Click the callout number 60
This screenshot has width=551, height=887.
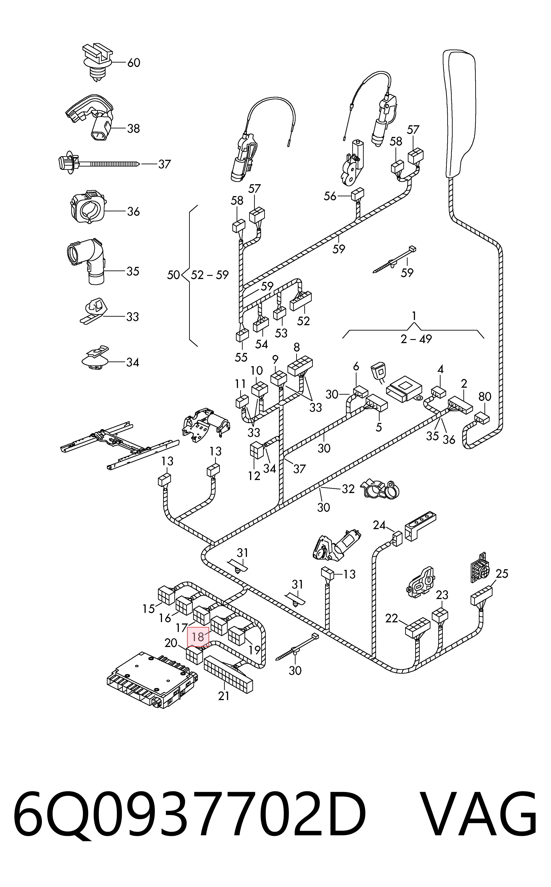pyautogui.click(x=134, y=63)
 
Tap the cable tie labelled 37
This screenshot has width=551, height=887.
pyautogui.click(x=98, y=163)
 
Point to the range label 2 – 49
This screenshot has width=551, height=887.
pyautogui.click(x=416, y=339)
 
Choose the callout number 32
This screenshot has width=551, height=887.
pyautogui.click(x=348, y=489)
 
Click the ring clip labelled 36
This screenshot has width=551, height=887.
pyautogui.click(x=87, y=206)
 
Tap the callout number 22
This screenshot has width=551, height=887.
pyautogui.click(x=392, y=619)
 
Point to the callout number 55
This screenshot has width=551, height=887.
pyautogui.click(x=241, y=357)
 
